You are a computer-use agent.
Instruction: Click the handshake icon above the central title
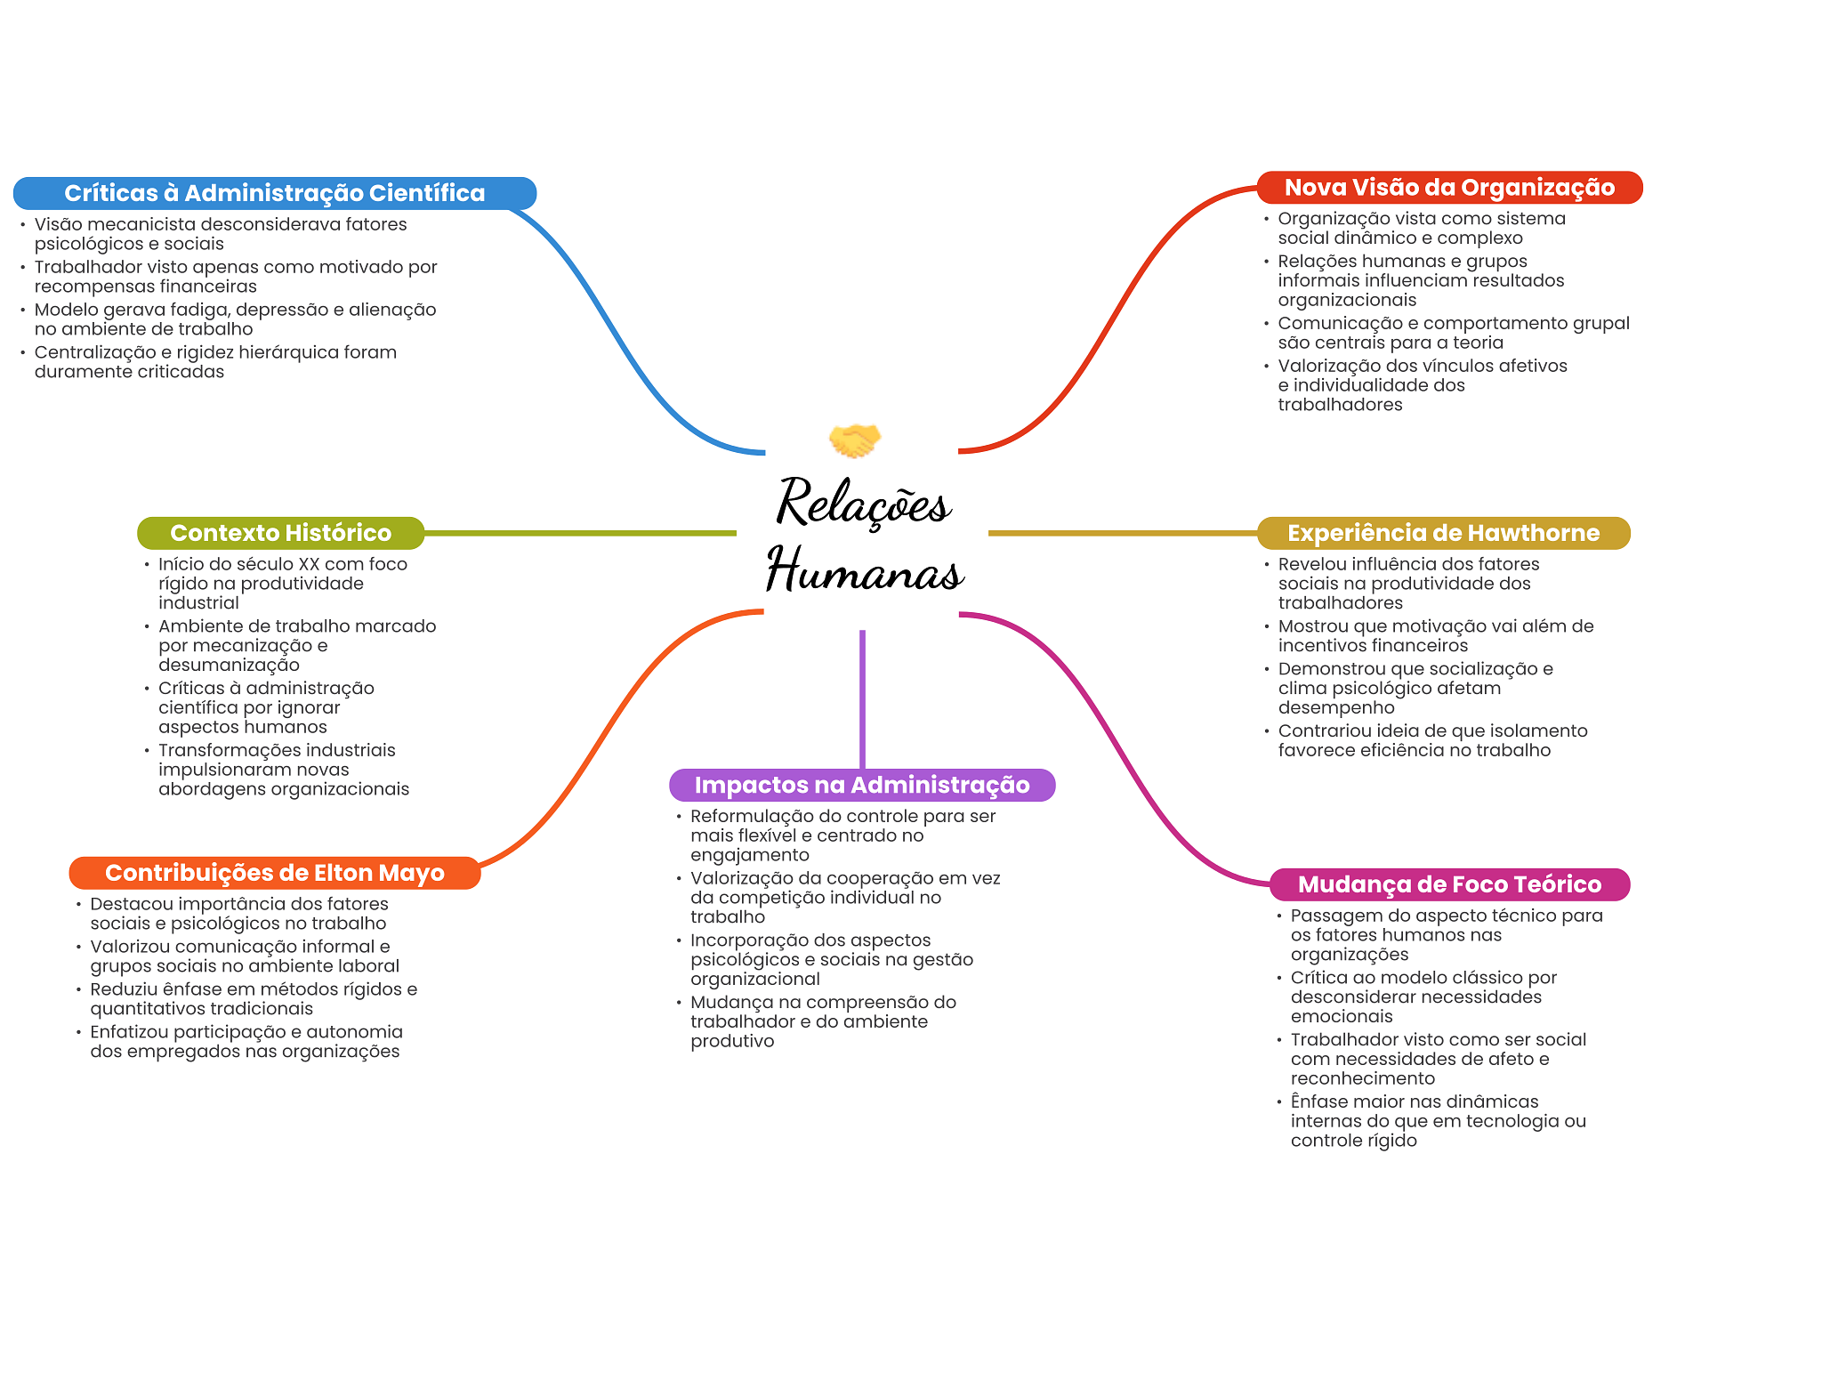854,440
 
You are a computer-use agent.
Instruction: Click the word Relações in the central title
864,503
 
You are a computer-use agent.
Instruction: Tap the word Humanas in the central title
865,570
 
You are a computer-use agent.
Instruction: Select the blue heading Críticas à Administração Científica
274,193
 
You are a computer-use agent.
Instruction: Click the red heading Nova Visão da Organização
1449,188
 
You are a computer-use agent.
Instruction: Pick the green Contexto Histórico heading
280,533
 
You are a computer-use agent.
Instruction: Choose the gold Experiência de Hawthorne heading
1443,533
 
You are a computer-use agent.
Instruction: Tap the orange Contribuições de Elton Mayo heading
274,873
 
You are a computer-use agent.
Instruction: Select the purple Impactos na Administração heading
861,785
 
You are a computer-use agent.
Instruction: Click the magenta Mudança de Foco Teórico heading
1449,884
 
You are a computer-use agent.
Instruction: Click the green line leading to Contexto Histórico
578,534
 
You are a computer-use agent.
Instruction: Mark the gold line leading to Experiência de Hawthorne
1121,534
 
